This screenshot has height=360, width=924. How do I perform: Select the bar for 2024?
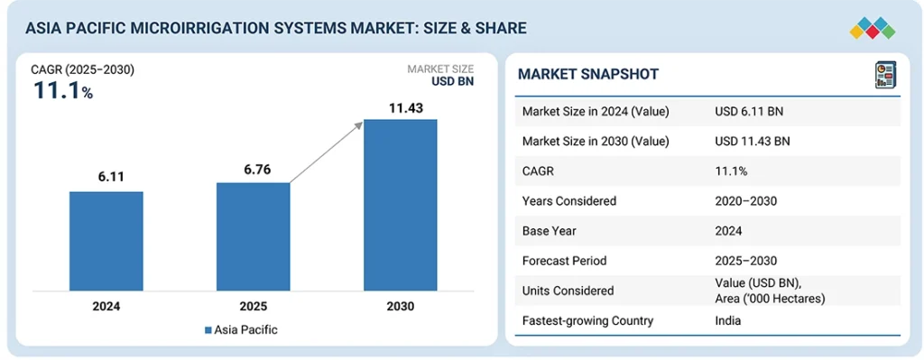(106, 241)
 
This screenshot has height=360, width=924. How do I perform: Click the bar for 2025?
(254, 237)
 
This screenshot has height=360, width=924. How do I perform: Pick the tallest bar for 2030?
(400, 205)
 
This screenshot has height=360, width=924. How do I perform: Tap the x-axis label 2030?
(400, 307)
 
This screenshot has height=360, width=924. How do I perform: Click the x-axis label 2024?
(106, 307)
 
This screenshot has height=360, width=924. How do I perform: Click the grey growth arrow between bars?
(326, 152)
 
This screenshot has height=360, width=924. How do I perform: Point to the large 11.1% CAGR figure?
(63, 91)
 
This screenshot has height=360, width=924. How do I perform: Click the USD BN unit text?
(453, 82)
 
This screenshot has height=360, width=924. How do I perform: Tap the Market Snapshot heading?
(588, 74)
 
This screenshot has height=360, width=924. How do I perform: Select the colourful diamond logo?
(873, 28)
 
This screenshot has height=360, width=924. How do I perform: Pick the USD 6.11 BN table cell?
(748, 111)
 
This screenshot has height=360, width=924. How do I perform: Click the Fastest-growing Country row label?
(587, 321)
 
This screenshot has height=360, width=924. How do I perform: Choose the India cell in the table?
(727, 321)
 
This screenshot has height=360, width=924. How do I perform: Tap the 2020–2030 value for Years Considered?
(744, 201)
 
